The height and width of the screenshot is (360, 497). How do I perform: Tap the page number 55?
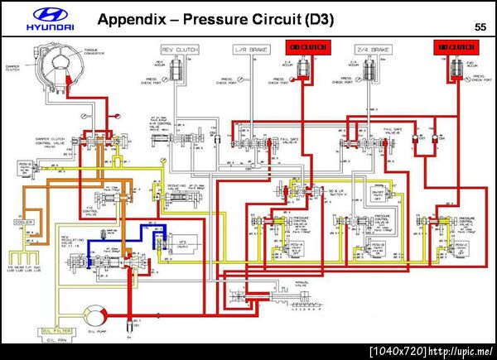coord(480,27)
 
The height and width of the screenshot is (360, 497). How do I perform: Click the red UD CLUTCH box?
coord(454,48)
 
